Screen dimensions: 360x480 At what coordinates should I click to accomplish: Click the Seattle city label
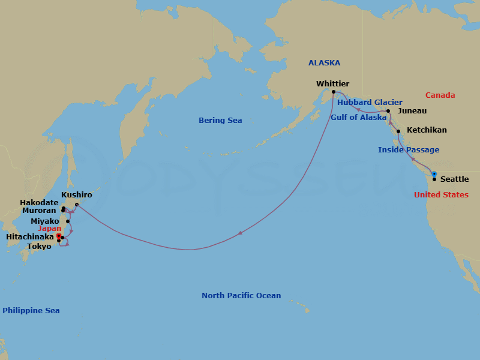pos(455,179)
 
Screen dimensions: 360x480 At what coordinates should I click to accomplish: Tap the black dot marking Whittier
pos(334,92)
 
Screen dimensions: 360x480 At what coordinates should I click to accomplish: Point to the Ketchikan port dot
pos(398,130)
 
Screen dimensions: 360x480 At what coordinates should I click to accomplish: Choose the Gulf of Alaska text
pos(358,118)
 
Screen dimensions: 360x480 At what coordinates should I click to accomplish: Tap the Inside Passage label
pos(409,150)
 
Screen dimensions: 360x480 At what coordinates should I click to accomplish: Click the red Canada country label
pos(440,95)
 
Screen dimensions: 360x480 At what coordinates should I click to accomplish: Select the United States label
pos(441,195)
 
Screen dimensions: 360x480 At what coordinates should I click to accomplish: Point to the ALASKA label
pos(324,63)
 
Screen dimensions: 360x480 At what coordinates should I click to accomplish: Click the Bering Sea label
pos(220,121)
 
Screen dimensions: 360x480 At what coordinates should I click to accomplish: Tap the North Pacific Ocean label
pos(241,296)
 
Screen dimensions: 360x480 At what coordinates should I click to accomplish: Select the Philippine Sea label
pos(31,311)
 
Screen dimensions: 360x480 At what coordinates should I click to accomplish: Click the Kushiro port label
pos(77,195)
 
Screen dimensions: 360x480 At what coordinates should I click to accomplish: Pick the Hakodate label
pos(39,203)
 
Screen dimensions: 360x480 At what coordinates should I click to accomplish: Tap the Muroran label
pos(40,211)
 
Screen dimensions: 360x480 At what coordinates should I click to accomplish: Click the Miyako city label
pos(45,221)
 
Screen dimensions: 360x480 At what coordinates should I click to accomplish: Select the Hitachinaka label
pos(29,238)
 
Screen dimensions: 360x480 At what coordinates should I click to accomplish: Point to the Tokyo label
pos(39,247)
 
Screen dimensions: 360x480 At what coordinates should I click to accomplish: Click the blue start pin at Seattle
pos(434,174)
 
